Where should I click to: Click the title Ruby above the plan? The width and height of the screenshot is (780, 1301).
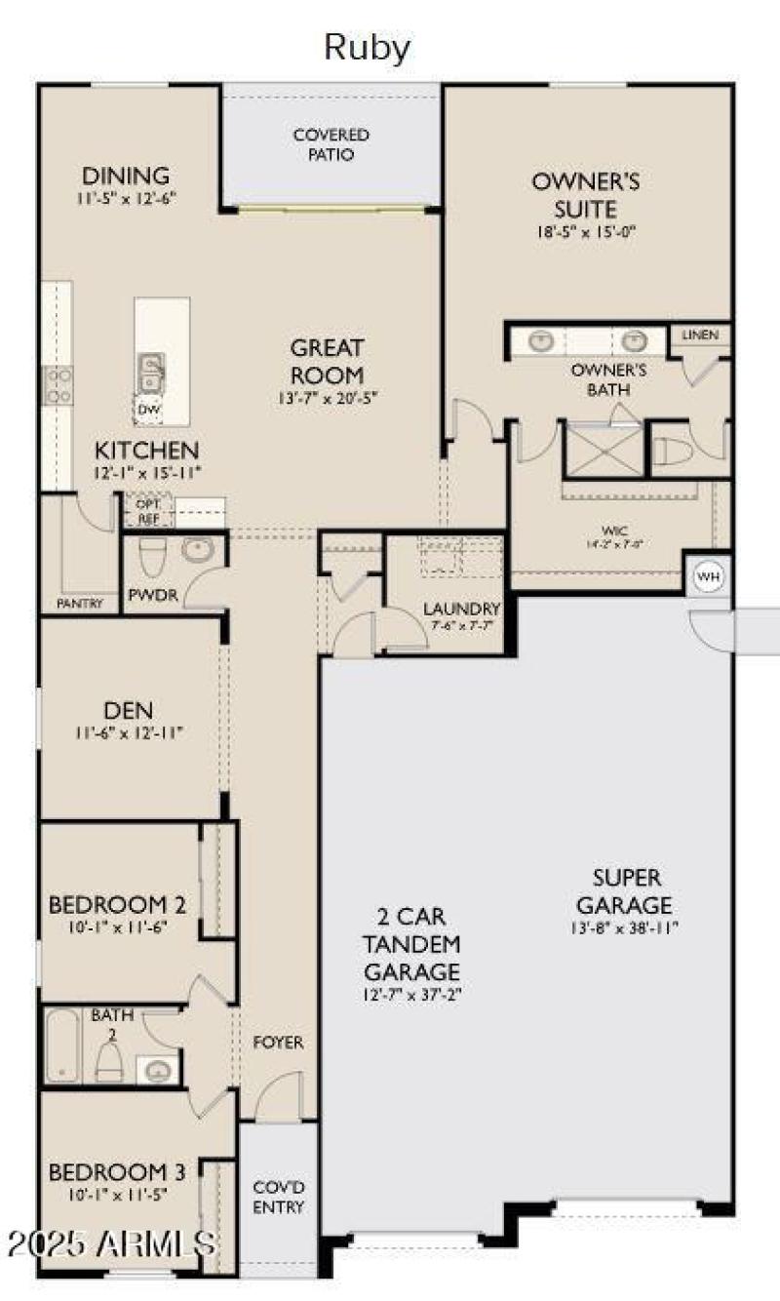coord(368,47)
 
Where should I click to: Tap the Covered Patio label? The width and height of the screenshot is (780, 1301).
coord(331,144)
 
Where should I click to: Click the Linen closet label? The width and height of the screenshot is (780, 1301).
coord(700,335)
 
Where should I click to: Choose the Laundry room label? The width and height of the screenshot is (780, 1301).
coord(461,610)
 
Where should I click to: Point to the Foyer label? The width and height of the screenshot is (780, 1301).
coord(278,1043)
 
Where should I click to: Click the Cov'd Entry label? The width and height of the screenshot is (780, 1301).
coord(279,1197)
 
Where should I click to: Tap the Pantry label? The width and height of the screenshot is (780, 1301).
coord(79,604)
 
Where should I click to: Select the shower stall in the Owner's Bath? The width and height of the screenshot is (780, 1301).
coord(604,449)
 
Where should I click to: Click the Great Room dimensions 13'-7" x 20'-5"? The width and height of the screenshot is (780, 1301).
coord(327,397)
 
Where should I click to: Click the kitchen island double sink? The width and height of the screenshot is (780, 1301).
coord(151,372)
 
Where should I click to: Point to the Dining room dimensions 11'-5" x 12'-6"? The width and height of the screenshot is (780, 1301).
coord(126,199)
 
